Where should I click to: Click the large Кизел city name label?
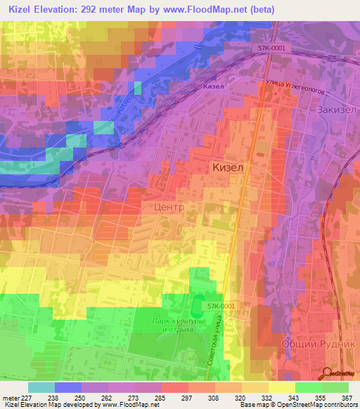tap(229, 168)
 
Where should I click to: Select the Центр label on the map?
tap(168, 208)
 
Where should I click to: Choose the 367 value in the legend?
tap(347, 397)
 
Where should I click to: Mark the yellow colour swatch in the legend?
tap(281, 387)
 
